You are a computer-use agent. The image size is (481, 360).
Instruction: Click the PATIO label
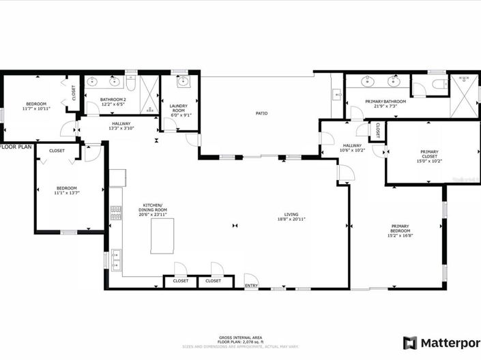261,113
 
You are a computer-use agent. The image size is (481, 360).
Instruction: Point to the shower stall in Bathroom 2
150,94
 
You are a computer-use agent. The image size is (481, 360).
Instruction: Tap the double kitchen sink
115,259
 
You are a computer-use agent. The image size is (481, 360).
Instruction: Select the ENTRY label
251,285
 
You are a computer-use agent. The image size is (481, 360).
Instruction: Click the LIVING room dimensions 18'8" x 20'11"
291,220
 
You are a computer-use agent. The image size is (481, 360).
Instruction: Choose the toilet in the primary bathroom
437,85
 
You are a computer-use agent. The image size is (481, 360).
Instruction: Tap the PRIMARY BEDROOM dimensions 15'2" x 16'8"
400,235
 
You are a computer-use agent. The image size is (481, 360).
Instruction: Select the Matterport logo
441,342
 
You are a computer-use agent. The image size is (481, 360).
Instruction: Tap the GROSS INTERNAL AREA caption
239,337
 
